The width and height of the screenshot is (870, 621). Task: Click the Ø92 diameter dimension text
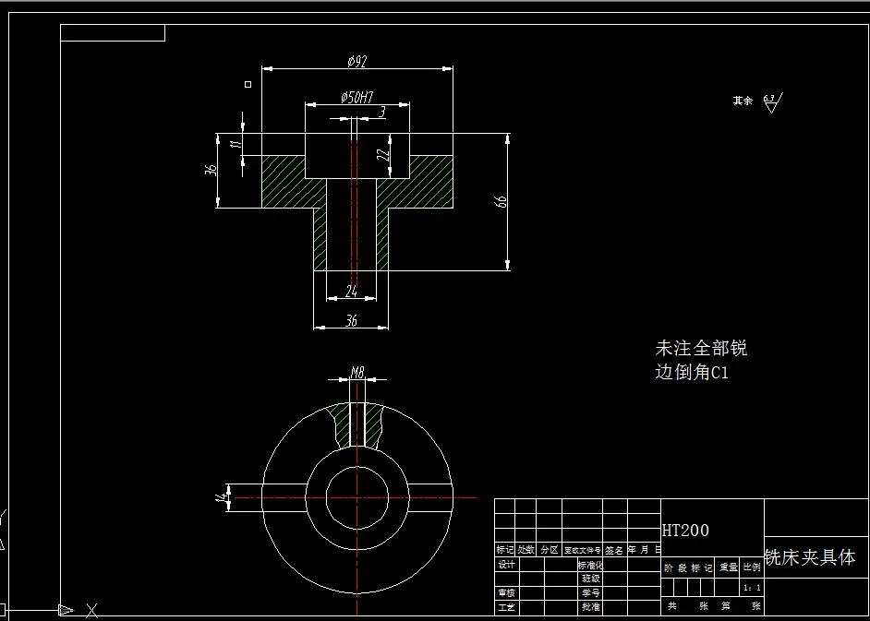tap(356, 61)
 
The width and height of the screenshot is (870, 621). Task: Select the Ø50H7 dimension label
tap(356, 97)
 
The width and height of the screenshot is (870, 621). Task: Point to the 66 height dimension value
tap(501, 201)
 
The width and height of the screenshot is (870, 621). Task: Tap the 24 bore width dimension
tap(352, 291)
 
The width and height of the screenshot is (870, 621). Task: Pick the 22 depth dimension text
tap(382, 156)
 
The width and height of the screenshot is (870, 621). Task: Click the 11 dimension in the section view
tap(236, 144)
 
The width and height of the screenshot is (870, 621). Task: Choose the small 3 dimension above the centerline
tap(382, 112)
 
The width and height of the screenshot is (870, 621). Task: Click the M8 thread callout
tap(357, 373)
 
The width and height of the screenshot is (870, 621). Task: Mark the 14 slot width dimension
tap(220, 496)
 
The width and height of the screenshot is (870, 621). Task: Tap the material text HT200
tap(685, 531)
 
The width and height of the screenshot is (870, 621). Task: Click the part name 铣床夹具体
tap(810, 557)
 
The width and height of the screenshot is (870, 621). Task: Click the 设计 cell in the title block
tap(506, 565)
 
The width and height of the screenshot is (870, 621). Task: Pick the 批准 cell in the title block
tap(589, 607)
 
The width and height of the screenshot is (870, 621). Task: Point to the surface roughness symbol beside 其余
tap(771, 102)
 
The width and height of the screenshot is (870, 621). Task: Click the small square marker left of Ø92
tap(248, 84)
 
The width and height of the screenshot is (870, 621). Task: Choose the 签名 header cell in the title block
tap(614, 549)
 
